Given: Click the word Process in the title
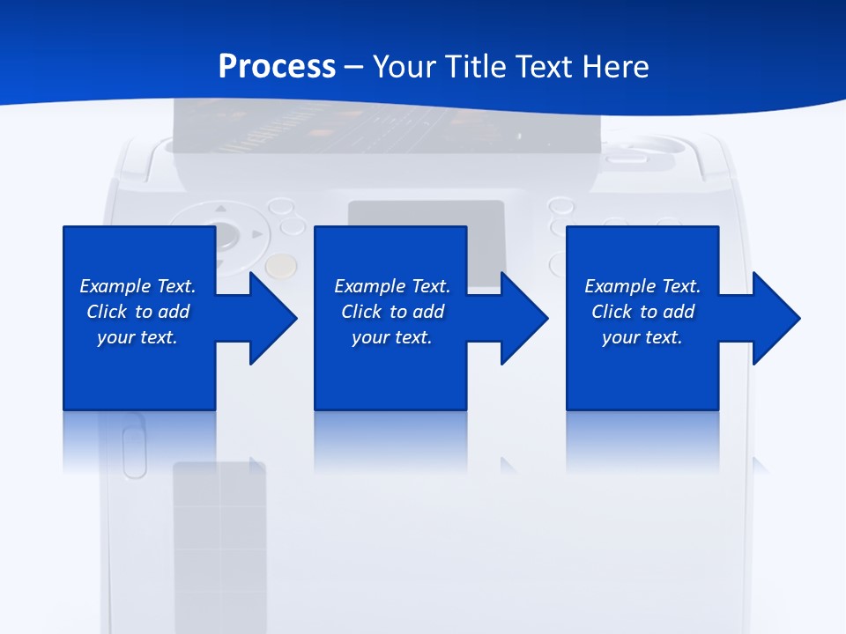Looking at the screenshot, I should pos(277,67).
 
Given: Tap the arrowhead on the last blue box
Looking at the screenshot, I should pos(775,318).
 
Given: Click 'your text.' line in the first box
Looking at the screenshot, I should pos(137,337).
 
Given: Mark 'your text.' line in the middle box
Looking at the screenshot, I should pos(392,337).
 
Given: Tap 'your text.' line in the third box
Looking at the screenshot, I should pos(642,337).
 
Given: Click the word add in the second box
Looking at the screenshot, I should pos(428,312).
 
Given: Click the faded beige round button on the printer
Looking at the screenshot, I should pos(281,265).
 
